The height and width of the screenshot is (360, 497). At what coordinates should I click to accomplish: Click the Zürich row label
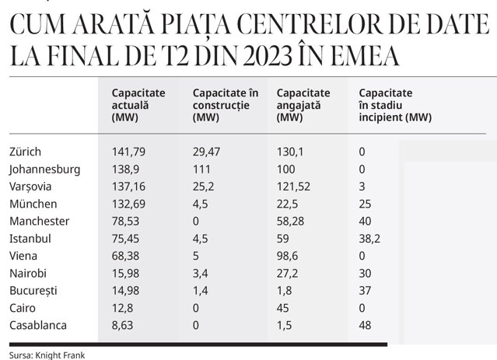pyautogui.click(x=26, y=152)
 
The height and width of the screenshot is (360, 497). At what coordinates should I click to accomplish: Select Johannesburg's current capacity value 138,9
pyautogui.click(x=126, y=170)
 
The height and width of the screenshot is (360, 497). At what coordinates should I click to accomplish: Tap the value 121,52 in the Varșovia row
pyautogui.click(x=293, y=187)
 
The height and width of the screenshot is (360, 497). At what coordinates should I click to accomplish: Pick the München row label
pyautogui.click(x=33, y=204)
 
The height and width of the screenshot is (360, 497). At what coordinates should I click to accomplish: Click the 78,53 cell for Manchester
pyautogui.click(x=125, y=221)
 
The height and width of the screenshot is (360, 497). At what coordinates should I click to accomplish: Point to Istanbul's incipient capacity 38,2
pyautogui.click(x=369, y=239)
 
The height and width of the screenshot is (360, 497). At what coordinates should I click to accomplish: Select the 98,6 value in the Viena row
pyautogui.click(x=288, y=256)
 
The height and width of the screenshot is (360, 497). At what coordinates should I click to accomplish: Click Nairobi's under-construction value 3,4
pyautogui.click(x=201, y=273)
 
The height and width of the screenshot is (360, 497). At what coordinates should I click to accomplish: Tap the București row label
pyautogui.click(x=33, y=291)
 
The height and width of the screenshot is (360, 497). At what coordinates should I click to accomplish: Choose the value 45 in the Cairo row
pyautogui.click(x=283, y=308)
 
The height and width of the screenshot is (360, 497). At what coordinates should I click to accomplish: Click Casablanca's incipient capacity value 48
pyautogui.click(x=365, y=326)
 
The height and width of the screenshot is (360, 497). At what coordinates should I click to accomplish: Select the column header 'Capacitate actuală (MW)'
pyautogui.click(x=138, y=105)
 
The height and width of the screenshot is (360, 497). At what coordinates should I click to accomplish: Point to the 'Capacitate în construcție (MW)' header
pyautogui.click(x=226, y=105)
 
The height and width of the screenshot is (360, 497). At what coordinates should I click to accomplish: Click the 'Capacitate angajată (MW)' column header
pyautogui.click(x=303, y=105)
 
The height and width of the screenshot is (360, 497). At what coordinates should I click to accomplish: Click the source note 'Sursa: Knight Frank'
pyautogui.click(x=47, y=355)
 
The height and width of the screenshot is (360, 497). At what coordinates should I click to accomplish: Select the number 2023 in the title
pyautogui.click(x=268, y=56)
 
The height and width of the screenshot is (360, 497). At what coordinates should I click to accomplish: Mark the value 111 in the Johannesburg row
pyautogui.click(x=201, y=170)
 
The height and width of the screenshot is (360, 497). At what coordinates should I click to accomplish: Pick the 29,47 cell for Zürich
pyautogui.click(x=206, y=152)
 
